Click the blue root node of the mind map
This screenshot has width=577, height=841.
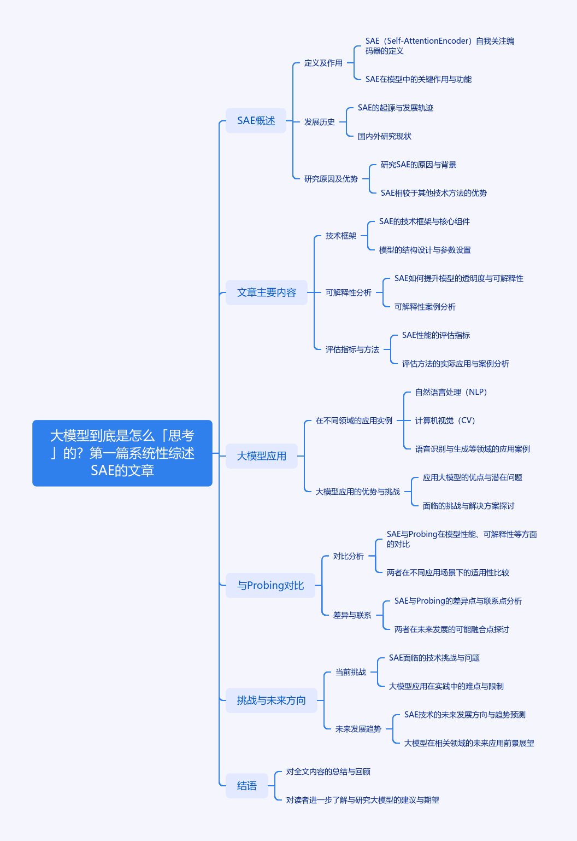coord(122,453)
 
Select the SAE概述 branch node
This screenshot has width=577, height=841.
coord(256,120)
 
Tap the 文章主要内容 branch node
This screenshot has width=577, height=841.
coord(266,293)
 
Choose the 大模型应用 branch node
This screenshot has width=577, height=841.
coord(262,456)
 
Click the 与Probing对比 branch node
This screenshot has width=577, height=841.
coord(270,585)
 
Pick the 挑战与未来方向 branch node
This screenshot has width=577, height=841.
coord(271,700)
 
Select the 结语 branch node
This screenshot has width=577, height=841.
coord(247,785)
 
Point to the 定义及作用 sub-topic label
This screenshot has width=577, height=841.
coord(323,63)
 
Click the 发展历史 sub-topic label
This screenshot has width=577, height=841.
coord(319,121)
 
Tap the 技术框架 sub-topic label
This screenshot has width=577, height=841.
coord(340,236)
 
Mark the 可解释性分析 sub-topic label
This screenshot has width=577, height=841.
coord(348,293)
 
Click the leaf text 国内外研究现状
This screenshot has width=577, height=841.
coord(384,136)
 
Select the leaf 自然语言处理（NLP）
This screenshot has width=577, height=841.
coord(451,392)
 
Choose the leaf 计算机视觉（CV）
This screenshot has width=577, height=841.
coord(445,420)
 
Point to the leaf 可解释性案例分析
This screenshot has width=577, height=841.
coord(425,307)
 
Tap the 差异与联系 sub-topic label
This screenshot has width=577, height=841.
coord(352,615)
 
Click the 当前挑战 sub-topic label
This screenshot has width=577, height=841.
coord(350,672)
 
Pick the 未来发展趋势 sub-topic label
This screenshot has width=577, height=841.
coord(358,729)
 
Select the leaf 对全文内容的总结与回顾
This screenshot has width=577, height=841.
coord(328,772)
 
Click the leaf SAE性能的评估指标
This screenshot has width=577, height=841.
coord(436,335)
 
